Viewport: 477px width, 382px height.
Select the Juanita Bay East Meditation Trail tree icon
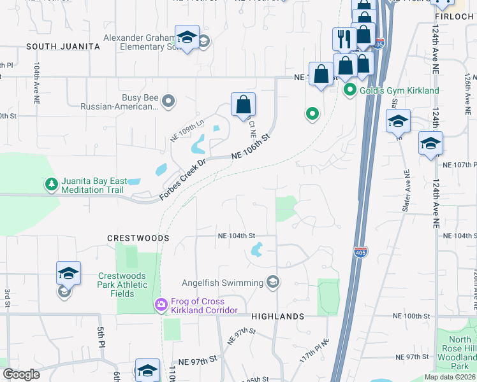(x=51, y=185)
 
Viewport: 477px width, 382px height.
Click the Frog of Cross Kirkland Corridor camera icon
(x=161, y=305)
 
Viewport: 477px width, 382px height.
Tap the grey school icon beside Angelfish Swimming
(x=273, y=283)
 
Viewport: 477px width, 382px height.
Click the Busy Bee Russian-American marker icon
(x=168, y=101)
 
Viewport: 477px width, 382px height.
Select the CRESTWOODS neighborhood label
(x=138, y=238)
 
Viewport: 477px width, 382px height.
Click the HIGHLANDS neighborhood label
(x=277, y=316)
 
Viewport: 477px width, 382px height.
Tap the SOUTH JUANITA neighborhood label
(x=63, y=46)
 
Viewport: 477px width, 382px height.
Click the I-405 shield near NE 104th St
(x=360, y=251)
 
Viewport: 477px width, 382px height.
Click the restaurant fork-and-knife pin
(x=344, y=39)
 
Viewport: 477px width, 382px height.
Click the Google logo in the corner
(x=21, y=375)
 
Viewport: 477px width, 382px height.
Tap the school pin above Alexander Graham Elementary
(x=187, y=38)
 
